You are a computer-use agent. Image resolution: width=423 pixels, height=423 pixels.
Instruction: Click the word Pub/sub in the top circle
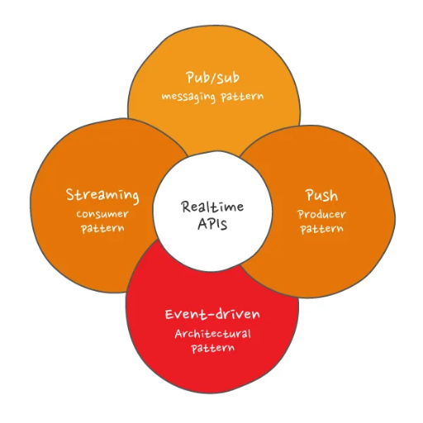pos(212,78)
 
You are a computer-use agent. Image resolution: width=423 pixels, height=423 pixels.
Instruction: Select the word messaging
pos(188,97)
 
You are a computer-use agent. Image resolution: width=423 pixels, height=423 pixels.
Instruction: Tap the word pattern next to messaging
pos(242,97)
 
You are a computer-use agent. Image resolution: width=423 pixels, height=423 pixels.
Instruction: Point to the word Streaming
pos(102,195)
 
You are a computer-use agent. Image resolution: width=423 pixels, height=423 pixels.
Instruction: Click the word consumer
pos(102,214)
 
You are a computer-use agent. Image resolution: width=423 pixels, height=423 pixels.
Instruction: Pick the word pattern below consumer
pos(102,228)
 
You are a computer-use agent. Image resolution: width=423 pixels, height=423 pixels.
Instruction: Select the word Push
pos(321,195)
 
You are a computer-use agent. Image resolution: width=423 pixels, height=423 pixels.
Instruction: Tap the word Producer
pos(321,214)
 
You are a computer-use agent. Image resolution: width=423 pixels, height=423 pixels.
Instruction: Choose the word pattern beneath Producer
pos(322,229)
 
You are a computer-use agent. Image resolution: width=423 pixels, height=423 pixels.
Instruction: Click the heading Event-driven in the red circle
pos(212,314)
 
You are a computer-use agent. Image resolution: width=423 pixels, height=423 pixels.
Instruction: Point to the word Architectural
pos(212,334)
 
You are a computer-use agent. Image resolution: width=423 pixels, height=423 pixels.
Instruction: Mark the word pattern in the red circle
pos(213,348)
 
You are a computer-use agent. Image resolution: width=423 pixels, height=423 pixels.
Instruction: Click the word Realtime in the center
pos(212,207)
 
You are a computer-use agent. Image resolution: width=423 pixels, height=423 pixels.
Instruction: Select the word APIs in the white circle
pos(212,224)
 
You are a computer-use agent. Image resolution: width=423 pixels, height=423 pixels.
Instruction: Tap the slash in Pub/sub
pos(212,78)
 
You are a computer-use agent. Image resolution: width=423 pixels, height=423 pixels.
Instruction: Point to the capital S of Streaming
pos(70,195)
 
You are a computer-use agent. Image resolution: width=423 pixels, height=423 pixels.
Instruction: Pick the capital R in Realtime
pos(187,207)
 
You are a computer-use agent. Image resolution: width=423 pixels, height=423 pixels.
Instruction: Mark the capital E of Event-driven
pos(169,315)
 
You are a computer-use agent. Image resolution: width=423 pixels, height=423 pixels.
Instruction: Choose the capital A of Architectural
pos(179,334)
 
